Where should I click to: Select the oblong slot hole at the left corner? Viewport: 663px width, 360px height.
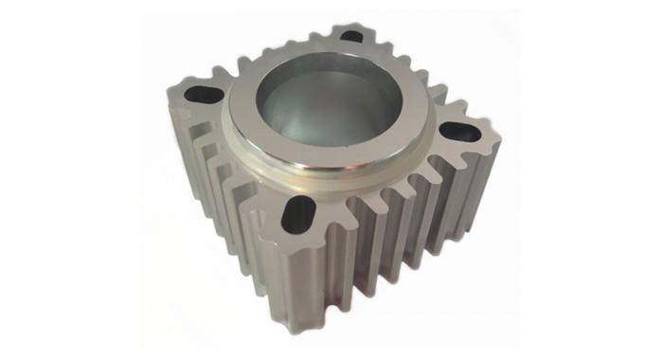[x=201, y=95]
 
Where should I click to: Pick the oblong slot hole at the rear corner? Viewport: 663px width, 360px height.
[x=351, y=36]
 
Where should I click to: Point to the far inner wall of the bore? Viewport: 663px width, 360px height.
[x=322, y=90]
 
